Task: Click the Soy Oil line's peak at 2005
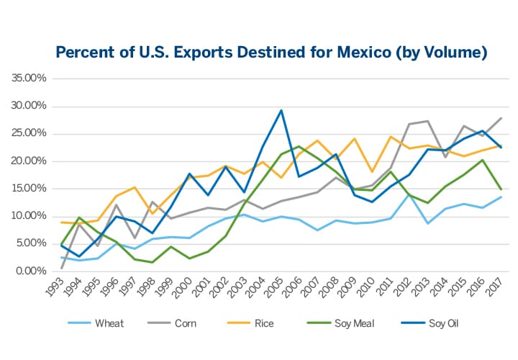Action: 281,110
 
